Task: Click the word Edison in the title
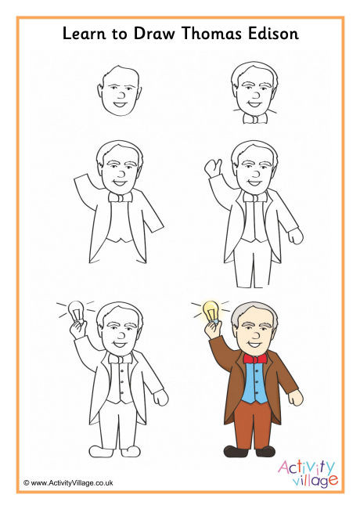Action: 273,34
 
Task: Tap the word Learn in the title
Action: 84,34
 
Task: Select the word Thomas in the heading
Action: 211,34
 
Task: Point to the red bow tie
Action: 255,359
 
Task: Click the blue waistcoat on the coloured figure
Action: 255,383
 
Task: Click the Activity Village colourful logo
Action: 308,473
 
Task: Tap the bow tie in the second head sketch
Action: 255,119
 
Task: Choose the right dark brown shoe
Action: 265,451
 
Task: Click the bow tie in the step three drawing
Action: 121,197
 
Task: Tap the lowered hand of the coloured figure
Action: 295,398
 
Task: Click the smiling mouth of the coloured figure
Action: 254,344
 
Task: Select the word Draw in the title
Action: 155,34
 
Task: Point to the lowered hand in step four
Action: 295,236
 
